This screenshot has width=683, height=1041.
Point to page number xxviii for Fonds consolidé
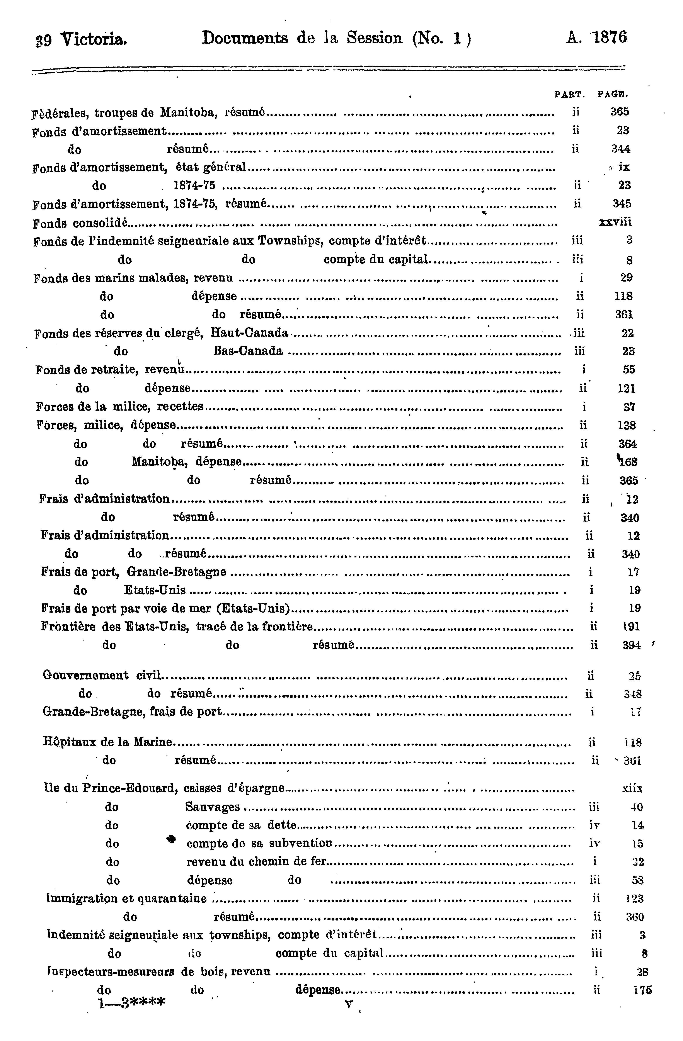point(615,222)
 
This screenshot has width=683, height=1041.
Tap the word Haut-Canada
point(249,333)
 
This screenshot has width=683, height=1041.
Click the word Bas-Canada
point(248,351)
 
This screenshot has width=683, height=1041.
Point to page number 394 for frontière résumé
point(632,645)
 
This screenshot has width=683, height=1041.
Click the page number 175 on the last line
point(642,990)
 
